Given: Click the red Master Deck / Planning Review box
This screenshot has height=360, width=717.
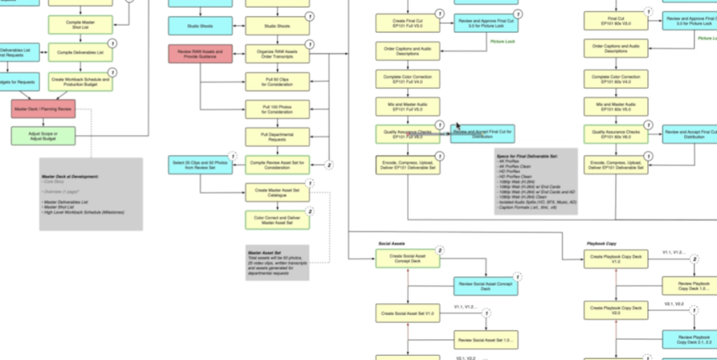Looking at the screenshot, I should [x=43, y=109].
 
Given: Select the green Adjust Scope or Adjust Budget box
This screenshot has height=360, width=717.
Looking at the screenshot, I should [x=43, y=135].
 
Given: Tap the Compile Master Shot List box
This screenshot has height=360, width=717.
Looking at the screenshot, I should [x=81, y=25].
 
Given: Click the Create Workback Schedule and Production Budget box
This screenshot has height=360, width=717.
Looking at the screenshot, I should [x=81, y=81].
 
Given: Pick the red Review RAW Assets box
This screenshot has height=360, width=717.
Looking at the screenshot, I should [x=200, y=53].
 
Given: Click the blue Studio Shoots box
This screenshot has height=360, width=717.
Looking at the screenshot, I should [x=200, y=26].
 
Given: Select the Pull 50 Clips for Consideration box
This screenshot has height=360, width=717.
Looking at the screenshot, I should [x=277, y=81].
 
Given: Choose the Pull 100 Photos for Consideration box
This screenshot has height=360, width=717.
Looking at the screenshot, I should [x=277, y=109].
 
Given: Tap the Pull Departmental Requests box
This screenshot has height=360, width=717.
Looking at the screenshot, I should [x=277, y=136].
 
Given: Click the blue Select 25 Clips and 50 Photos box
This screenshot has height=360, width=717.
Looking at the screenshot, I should [x=200, y=165].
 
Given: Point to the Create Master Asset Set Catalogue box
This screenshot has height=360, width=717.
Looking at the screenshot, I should [x=277, y=192].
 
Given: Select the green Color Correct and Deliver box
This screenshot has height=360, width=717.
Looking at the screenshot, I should [x=277, y=220].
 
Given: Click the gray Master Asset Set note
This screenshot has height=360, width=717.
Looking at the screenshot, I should [x=277, y=262].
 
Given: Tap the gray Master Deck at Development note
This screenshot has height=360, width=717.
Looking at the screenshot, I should [x=90, y=194].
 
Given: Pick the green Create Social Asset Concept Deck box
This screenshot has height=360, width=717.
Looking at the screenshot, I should [x=408, y=259].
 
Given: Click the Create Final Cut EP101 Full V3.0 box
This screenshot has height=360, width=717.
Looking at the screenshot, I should [x=408, y=22].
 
